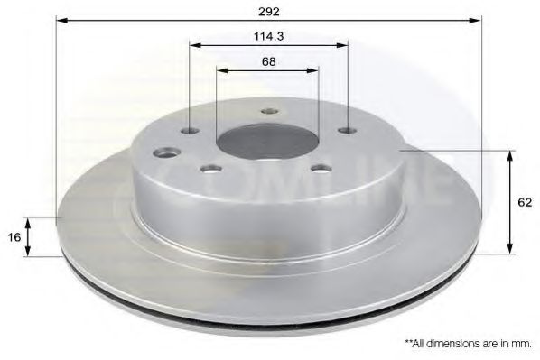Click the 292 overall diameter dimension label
(267, 11)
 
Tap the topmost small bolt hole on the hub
(268, 112)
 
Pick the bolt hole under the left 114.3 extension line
(189, 132)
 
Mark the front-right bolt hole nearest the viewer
(317, 167)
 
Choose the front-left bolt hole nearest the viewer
(211, 168)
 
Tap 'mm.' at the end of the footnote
(522, 344)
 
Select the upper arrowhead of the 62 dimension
(511, 156)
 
